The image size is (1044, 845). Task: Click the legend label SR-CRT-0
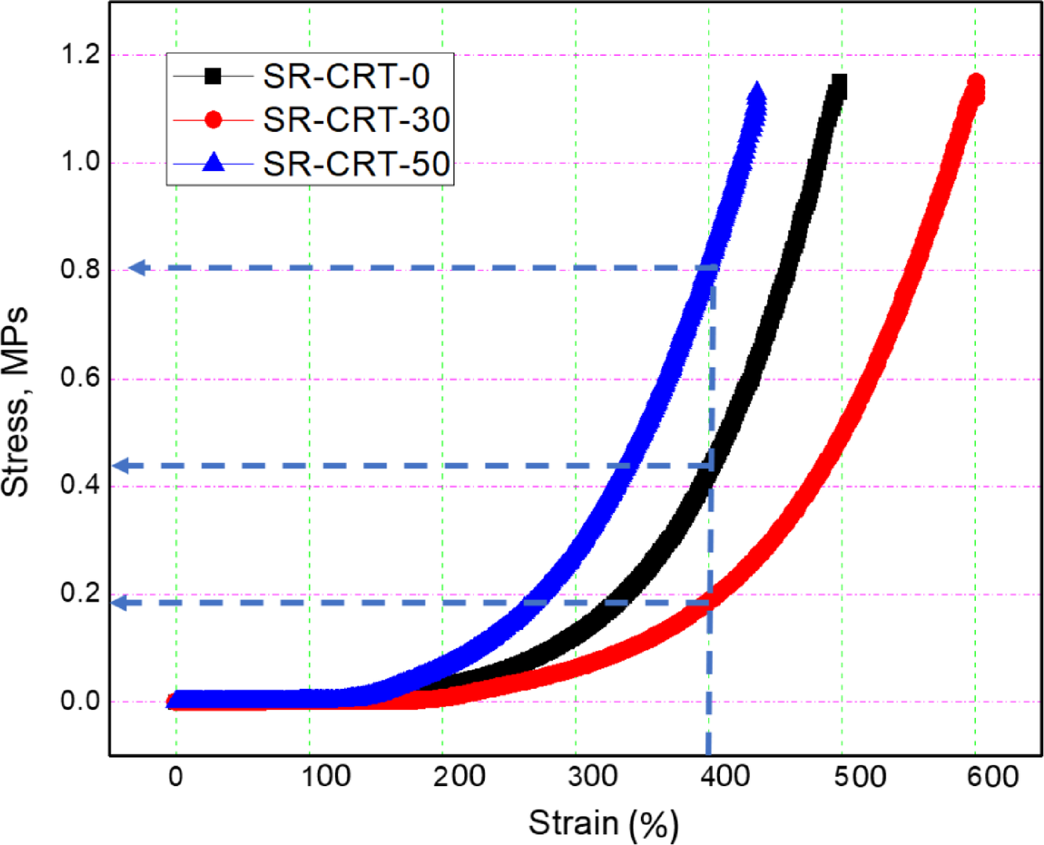[x=346, y=76]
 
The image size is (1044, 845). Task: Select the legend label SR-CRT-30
[x=356, y=120]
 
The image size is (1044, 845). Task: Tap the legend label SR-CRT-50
[x=356, y=164]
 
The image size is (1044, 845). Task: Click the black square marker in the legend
[x=213, y=76]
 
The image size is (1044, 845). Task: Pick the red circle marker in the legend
[x=213, y=120]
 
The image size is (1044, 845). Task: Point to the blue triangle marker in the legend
[x=213, y=163]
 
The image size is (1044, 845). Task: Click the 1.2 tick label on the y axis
[x=81, y=55]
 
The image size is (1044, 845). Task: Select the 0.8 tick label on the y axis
[x=81, y=270]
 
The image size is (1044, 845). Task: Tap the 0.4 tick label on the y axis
[x=81, y=485]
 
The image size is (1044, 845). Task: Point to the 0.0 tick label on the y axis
[x=81, y=701]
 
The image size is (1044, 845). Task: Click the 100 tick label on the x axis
[x=326, y=777]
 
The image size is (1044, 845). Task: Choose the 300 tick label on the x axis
[x=592, y=777]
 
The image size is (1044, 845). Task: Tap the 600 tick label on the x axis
[x=992, y=777]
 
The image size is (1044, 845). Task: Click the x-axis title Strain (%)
[x=603, y=824]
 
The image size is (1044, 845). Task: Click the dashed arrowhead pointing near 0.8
[x=137, y=268]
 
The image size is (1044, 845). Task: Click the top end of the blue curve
[x=757, y=93]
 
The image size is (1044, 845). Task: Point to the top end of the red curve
[x=976, y=83]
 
